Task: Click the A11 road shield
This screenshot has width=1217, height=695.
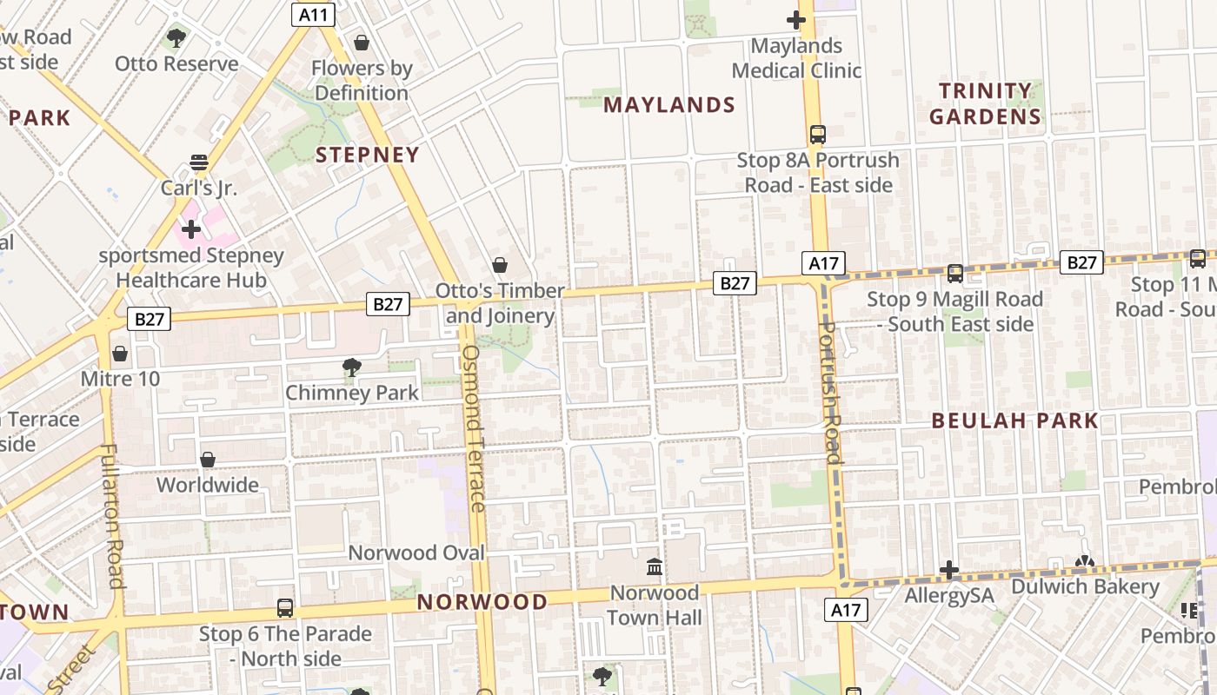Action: tap(313, 14)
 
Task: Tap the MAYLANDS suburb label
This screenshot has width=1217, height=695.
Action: tap(669, 105)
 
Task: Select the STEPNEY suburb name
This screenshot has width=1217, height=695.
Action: tap(367, 155)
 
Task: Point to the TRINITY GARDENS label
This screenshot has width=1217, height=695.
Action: tap(985, 103)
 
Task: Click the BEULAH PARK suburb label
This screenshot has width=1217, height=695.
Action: tap(1014, 421)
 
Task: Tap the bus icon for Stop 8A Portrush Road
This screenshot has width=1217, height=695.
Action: tap(817, 135)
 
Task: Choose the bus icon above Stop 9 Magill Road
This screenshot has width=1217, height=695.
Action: tap(954, 273)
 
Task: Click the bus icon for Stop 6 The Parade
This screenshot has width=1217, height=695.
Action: tap(284, 607)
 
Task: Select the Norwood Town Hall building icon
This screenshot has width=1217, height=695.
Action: tap(655, 567)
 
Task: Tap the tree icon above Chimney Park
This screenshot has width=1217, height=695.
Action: tap(351, 367)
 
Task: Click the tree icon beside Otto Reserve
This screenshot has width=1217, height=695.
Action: tap(176, 38)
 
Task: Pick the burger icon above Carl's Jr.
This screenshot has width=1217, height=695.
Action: tap(199, 162)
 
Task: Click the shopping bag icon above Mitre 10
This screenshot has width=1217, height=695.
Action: tap(120, 354)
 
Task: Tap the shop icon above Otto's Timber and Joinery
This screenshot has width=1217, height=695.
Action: tap(500, 264)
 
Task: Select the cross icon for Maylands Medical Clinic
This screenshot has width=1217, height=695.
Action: tap(795, 19)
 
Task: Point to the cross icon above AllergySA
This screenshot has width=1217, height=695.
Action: tap(948, 570)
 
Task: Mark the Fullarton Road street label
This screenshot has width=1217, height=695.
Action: tap(112, 516)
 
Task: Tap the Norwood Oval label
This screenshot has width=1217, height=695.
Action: tap(416, 553)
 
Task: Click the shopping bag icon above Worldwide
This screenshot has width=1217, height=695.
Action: tap(208, 459)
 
